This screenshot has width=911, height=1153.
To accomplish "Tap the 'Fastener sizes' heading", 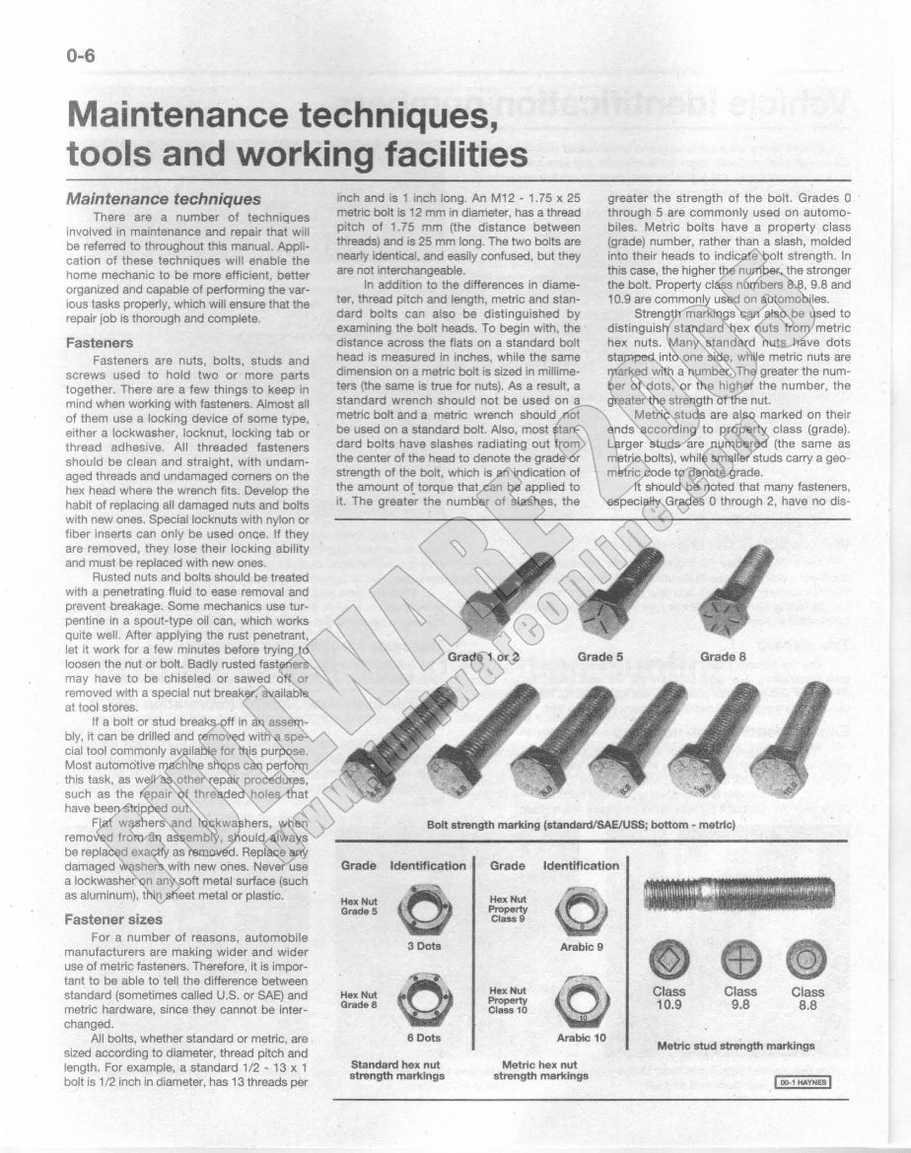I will (x=113, y=918).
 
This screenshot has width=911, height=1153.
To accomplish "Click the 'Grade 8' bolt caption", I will (x=725, y=656).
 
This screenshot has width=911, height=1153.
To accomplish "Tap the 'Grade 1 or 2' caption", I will (x=483, y=656).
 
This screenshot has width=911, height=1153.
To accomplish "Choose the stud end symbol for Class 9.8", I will (x=739, y=959).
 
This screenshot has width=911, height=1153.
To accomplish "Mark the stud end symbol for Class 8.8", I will (x=806, y=959).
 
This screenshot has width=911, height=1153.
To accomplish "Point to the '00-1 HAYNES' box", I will (x=802, y=1083).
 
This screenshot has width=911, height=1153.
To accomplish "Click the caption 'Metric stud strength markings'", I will (x=736, y=1045).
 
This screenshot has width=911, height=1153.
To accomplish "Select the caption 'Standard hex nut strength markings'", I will (x=396, y=1069).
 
